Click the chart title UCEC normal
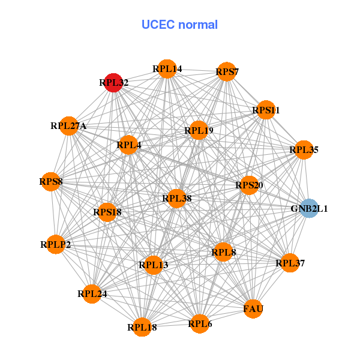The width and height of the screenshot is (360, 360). (179, 25)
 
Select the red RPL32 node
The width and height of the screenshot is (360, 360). (113, 82)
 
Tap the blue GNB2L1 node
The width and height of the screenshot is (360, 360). (309, 208)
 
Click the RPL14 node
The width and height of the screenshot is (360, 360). (167, 69)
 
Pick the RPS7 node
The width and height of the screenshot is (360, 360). (227, 72)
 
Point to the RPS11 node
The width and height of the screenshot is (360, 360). (265, 110)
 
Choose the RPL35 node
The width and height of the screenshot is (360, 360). (304, 149)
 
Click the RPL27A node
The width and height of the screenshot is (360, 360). (69, 126)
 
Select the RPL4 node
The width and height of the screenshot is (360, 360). (128, 144)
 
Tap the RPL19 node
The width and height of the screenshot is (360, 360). (199, 130)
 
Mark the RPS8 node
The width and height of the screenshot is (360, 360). (51, 181)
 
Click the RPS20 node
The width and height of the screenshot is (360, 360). (249, 185)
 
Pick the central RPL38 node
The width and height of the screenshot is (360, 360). (176, 198)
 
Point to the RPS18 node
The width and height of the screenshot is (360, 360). (107, 212)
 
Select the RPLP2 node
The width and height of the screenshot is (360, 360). (56, 244)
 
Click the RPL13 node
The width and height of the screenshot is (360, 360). (153, 265)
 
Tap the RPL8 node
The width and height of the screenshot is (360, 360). (224, 253)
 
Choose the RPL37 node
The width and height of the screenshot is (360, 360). (290, 263)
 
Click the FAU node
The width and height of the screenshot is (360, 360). (253, 309)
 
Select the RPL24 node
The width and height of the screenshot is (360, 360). (92, 293)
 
